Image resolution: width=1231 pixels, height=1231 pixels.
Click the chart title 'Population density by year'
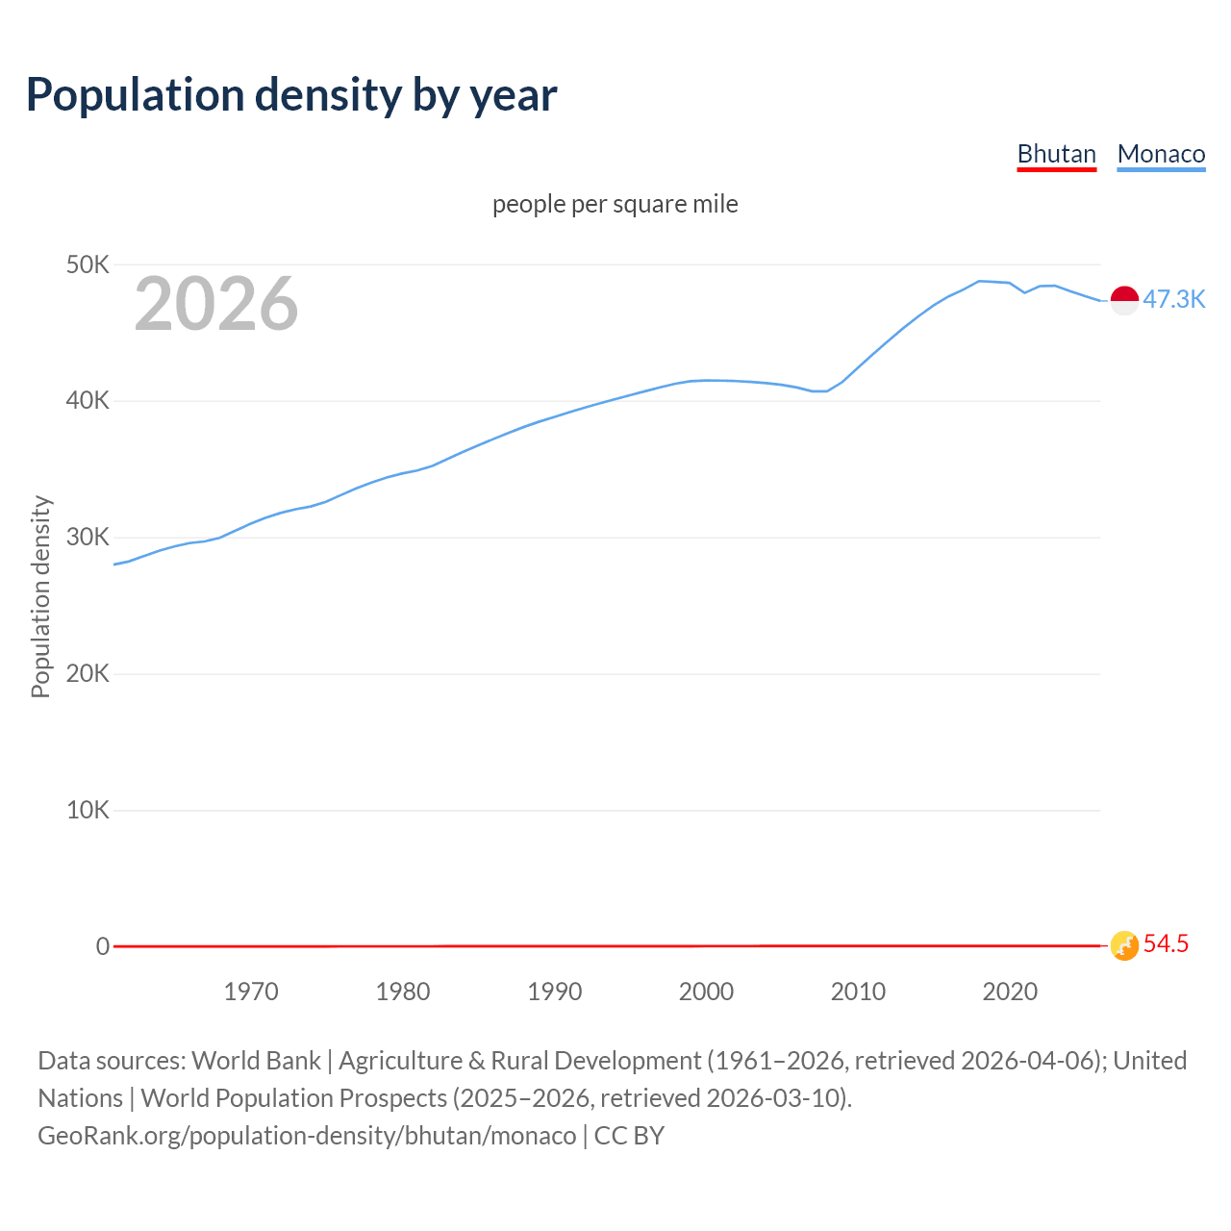(x=291, y=95)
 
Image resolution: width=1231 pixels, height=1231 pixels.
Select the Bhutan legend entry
(x=1056, y=155)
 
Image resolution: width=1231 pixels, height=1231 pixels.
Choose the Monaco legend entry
(x=1161, y=155)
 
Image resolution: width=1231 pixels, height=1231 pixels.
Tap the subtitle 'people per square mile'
(x=615, y=204)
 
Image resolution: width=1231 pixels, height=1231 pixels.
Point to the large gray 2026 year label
(x=216, y=304)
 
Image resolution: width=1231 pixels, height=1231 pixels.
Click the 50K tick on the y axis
(x=88, y=264)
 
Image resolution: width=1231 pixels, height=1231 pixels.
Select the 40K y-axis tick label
(x=88, y=401)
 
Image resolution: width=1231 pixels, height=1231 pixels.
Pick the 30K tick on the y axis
(x=88, y=538)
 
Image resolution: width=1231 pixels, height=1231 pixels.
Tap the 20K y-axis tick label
(x=88, y=673)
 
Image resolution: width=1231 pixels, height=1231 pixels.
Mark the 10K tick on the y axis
(x=88, y=810)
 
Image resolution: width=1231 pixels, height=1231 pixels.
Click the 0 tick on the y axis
(x=102, y=946)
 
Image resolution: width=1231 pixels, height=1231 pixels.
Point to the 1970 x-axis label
(x=251, y=992)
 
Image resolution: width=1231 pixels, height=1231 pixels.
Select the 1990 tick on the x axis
(x=555, y=992)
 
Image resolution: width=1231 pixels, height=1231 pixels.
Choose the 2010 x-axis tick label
(x=858, y=992)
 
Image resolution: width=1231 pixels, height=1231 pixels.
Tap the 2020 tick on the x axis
(x=1010, y=992)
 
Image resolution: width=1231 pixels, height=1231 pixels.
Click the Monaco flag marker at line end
(x=1124, y=300)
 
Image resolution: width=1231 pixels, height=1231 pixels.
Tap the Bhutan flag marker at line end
(x=1124, y=945)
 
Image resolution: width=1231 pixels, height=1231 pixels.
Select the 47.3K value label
(x=1173, y=299)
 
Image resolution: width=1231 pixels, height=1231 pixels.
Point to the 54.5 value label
(x=1166, y=944)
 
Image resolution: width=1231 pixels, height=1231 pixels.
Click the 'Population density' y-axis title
(x=40, y=596)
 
